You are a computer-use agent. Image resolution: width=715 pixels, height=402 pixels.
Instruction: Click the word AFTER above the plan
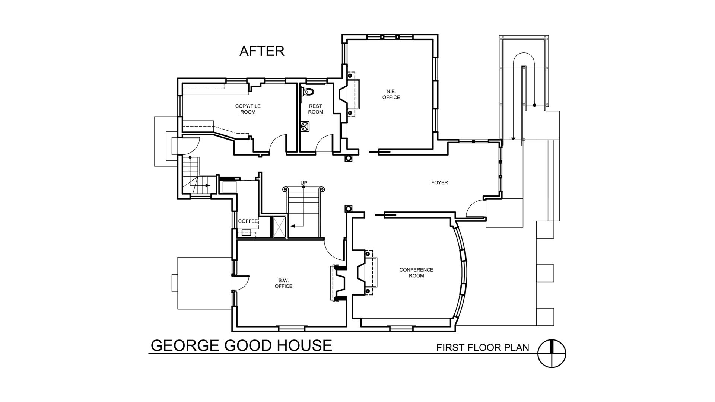(x=262, y=51)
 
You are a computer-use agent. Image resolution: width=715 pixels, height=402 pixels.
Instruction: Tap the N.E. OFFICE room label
(x=391, y=95)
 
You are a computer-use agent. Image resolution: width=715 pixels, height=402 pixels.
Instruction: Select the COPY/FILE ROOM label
(x=248, y=109)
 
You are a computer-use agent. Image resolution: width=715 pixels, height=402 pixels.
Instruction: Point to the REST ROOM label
(x=315, y=109)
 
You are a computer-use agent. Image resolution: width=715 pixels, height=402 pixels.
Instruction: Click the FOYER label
(x=439, y=183)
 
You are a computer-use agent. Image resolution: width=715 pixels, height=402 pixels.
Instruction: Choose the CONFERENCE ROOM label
(x=416, y=273)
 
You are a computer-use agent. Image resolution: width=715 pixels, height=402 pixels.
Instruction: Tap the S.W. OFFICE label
(x=283, y=283)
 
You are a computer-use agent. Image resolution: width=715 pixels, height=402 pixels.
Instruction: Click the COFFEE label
(x=248, y=221)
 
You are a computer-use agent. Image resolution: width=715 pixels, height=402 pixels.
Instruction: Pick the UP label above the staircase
(x=304, y=183)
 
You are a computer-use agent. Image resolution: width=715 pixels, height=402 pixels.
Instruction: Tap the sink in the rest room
(x=305, y=126)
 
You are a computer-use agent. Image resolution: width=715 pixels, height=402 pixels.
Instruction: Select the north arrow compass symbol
(x=552, y=354)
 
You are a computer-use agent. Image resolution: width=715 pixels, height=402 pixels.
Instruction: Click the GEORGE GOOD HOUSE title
(x=241, y=346)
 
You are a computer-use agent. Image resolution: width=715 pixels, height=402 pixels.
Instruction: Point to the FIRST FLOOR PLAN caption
(x=483, y=348)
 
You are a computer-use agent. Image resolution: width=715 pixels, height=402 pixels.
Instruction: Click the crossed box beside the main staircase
(x=279, y=226)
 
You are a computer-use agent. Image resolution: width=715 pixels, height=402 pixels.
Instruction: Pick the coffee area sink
(x=246, y=233)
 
